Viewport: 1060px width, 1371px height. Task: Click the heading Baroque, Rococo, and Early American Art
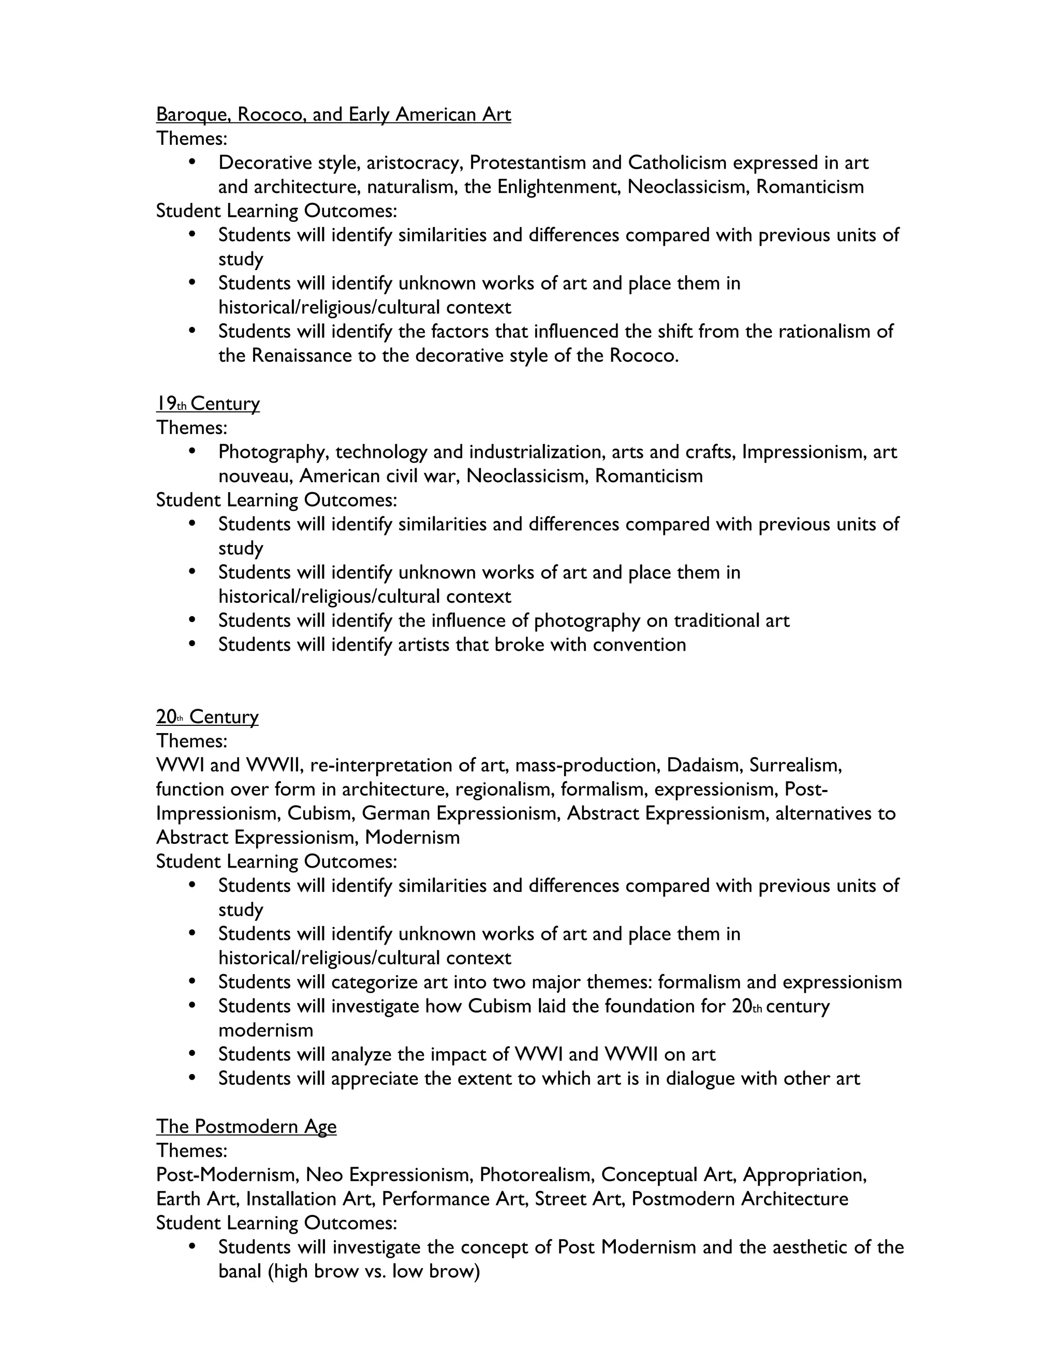[x=333, y=114]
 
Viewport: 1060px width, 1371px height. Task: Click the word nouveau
[x=254, y=476]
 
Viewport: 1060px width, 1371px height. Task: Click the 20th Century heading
[x=207, y=717]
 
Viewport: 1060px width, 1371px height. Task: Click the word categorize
[x=371, y=982]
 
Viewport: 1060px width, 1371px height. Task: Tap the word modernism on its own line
[x=266, y=1030]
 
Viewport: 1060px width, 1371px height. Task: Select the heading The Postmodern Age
[x=246, y=1126]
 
